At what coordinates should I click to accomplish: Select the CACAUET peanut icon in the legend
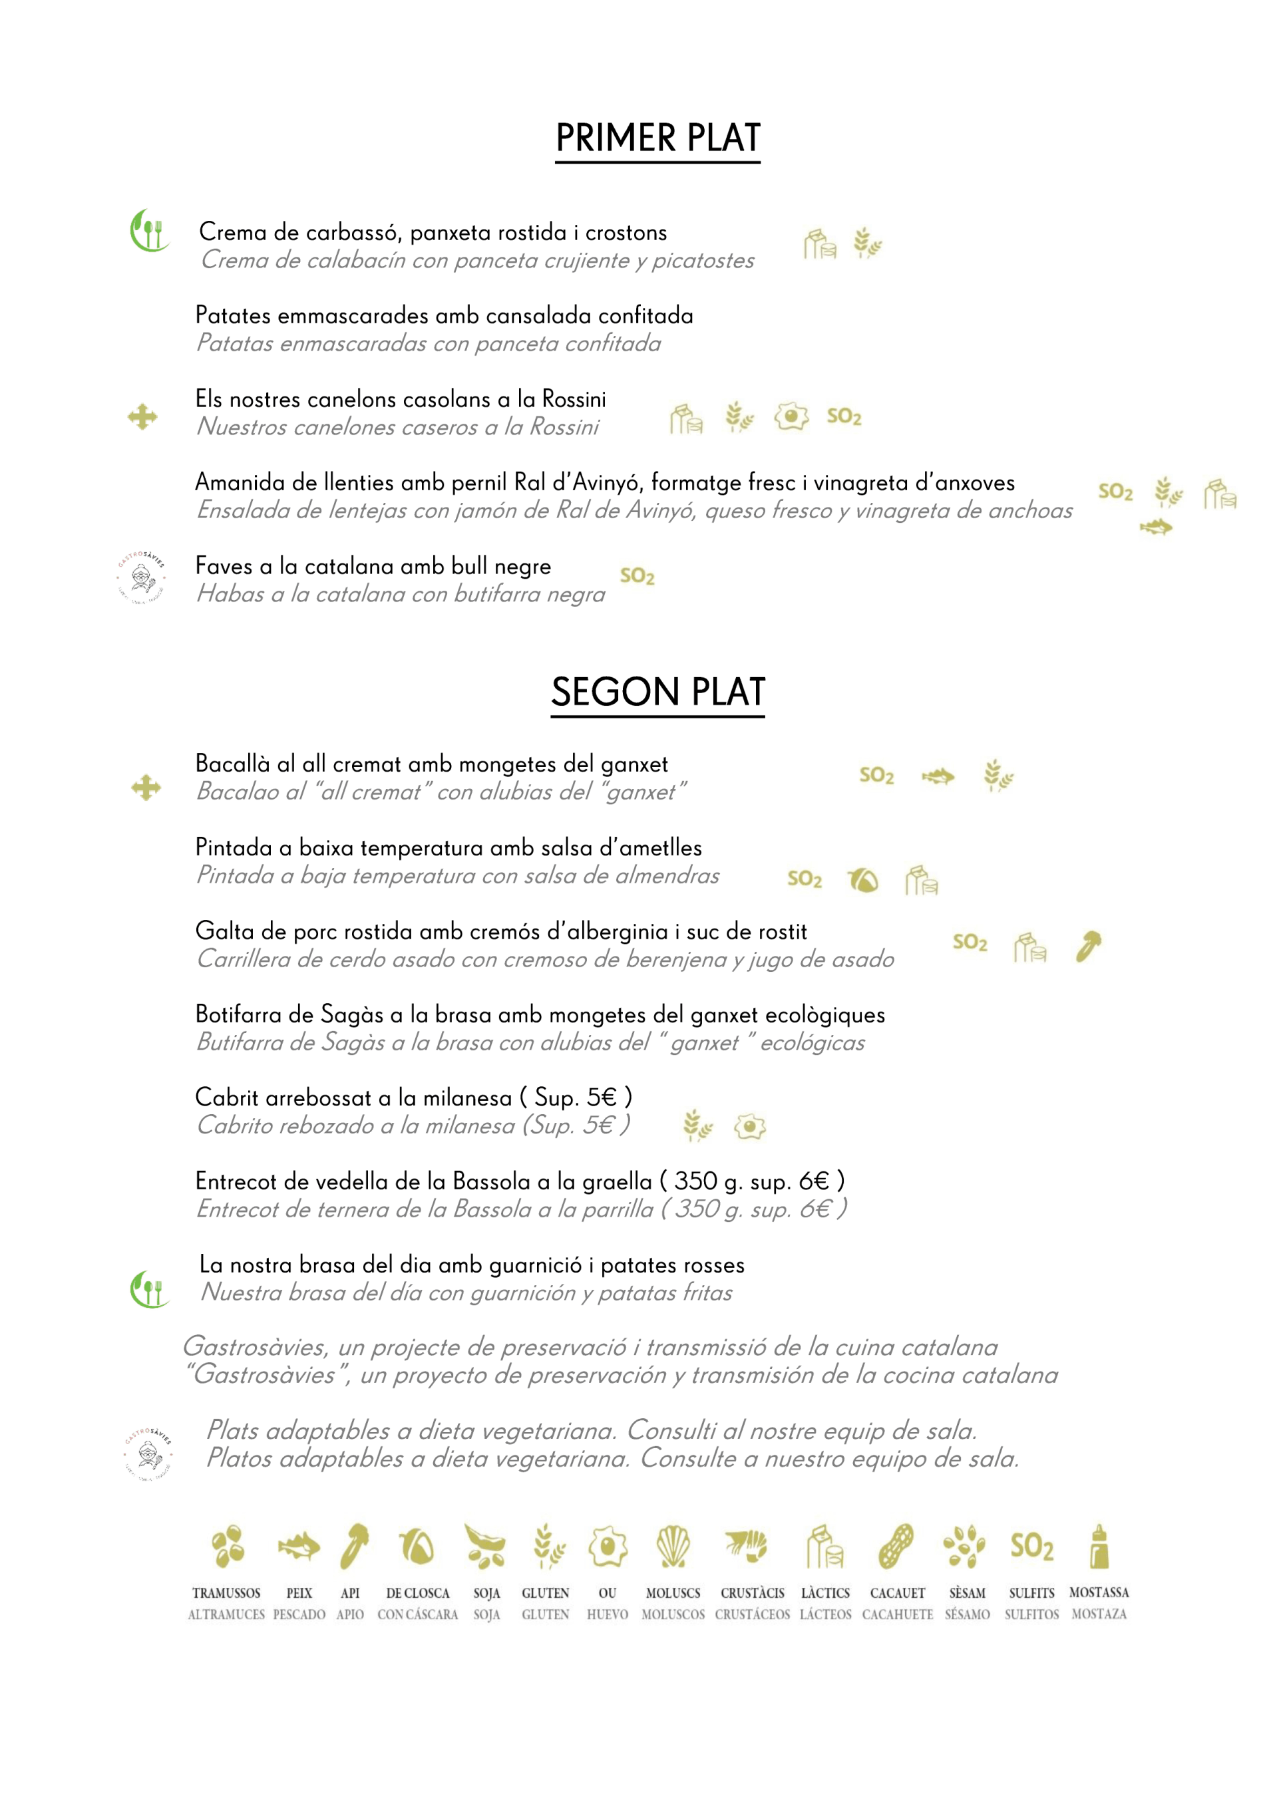[896, 1546]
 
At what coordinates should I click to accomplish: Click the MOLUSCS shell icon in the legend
[673, 1546]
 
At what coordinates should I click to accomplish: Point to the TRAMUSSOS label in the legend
[226, 1592]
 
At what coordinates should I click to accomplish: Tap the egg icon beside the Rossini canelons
[791, 416]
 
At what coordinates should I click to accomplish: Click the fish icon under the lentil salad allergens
[1156, 527]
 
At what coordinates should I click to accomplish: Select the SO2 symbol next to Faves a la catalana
[637, 576]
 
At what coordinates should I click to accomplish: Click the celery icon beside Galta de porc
[1088, 946]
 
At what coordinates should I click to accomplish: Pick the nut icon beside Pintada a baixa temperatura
[863, 880]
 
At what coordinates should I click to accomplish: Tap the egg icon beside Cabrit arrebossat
[750, 1127]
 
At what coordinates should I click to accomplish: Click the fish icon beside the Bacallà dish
[938, 777]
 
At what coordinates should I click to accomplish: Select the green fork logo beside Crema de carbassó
[148, 231]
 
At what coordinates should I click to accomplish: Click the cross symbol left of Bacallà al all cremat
[146, 787]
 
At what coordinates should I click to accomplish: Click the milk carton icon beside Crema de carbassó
[819, 244]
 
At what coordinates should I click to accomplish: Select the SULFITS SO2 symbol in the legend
[1031, 1546]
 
